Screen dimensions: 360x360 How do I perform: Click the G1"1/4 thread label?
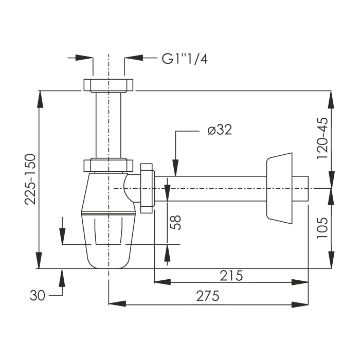185,59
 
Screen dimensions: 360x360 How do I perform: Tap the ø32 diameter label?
220,130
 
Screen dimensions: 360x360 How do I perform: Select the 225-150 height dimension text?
30,179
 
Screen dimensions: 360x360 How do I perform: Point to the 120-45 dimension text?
322,138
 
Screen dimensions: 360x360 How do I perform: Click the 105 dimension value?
322,228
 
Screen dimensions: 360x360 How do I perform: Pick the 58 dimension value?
175,222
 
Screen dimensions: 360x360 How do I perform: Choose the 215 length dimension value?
231,276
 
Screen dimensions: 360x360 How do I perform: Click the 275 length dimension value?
208,296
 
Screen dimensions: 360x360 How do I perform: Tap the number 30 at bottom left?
38,296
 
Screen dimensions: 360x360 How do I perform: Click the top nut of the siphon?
109,85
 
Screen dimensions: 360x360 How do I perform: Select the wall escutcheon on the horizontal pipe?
279,188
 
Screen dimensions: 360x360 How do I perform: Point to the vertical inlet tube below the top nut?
109,125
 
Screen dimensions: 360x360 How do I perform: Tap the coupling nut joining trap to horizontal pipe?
147,188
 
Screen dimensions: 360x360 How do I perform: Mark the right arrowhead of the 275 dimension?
300,304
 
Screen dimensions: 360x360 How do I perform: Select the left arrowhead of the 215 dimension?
163,282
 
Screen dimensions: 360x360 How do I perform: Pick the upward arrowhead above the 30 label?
62,278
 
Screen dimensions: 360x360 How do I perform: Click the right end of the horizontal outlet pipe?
308,189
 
